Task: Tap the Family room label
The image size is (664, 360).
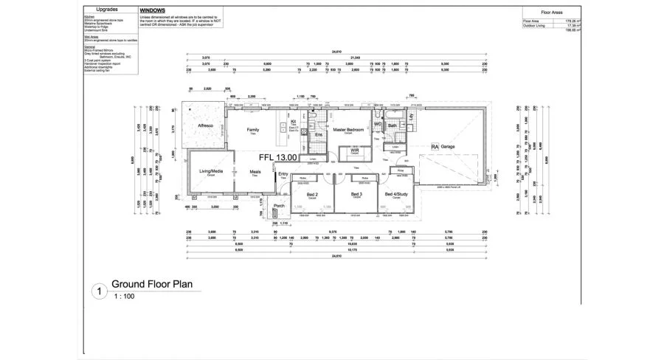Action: pyautogui.click(x=253, y=129)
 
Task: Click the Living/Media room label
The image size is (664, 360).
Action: pyautogui.click(x=211, y=171)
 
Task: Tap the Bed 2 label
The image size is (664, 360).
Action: pyautogui.click(x=312, y=194)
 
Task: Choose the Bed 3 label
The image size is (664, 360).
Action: pyautogui.click(x=356, y=194)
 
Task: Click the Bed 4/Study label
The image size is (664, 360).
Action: pyautogui.click(x=395, y=194)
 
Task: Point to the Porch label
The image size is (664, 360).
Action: pyautogui.click(x=279, y=206)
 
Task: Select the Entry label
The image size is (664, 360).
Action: pyautogui.click(x=283, y=174)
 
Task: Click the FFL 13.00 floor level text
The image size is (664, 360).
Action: pyautogui.click(x=277, y=157)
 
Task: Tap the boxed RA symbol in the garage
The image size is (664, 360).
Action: pyautogui.click(x=435, y=147)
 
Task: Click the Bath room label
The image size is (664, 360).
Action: pyautogui.click(x=392, y=125)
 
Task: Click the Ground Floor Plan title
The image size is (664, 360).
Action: pyautogui.click(x=151, y=283)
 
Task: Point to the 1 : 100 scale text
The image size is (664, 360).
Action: pyautogui.click(x=125, y=296)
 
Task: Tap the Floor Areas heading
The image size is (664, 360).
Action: pyautogui.click(x=553, y=13)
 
